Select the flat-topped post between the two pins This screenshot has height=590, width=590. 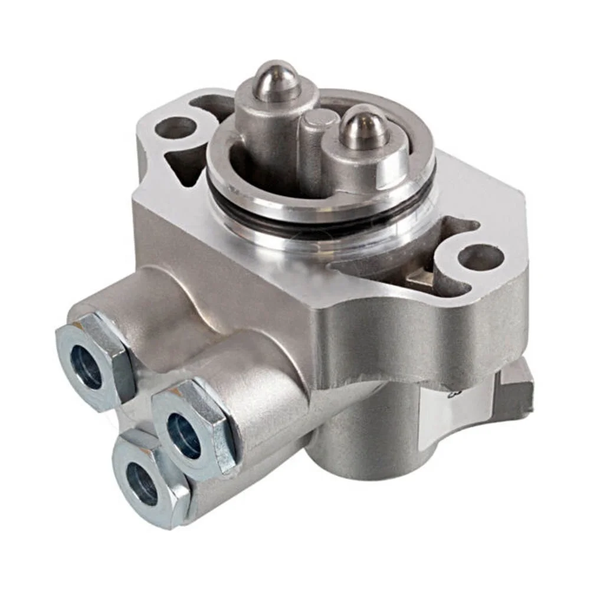320,142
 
